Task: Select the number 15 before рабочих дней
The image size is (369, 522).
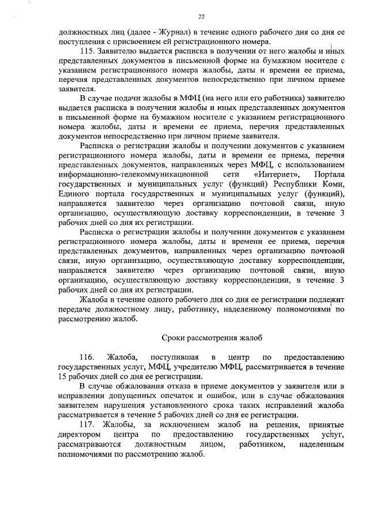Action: [x=63, y=376]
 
